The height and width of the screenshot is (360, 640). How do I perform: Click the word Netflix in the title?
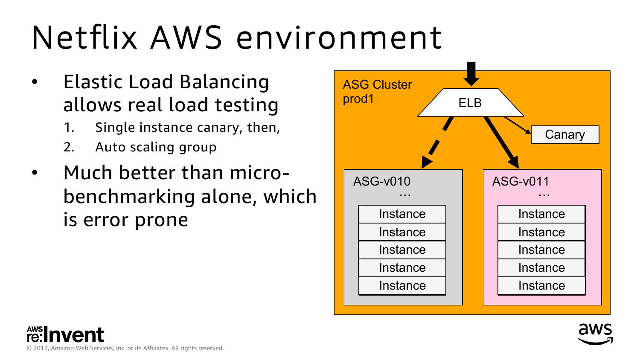84,37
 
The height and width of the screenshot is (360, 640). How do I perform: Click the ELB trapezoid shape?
470,103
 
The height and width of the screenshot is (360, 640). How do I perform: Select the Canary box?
565,135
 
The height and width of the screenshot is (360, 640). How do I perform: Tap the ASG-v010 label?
381,181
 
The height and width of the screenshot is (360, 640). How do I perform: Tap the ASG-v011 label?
521,181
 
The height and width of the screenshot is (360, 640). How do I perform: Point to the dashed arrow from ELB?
436,143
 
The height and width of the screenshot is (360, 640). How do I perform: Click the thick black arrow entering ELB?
471,73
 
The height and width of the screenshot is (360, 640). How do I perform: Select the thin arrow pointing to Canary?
517,125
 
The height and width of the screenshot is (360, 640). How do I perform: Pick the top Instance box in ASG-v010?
402,214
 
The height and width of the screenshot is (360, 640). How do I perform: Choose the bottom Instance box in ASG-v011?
541,286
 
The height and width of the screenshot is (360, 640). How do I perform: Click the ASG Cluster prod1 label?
377,91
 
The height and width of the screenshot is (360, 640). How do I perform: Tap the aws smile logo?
595,334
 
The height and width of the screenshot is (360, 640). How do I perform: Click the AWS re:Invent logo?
65,335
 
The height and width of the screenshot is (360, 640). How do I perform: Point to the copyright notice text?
125,348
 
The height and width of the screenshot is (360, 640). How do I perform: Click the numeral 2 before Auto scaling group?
69,147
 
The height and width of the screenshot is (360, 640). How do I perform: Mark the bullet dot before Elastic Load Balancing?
35,82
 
